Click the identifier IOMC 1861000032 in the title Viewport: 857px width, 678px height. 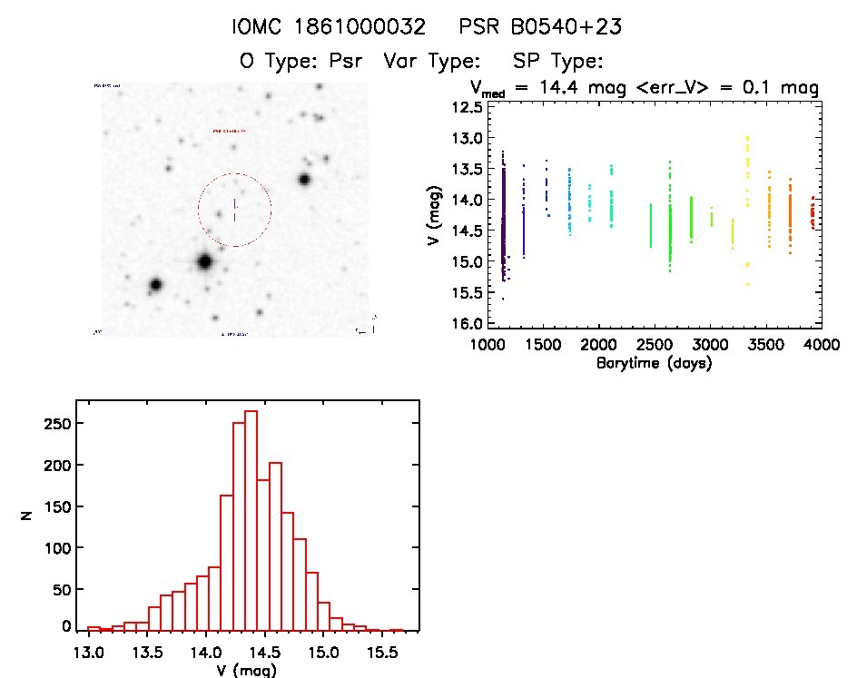(330, 28)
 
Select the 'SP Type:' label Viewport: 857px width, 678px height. (558, 62)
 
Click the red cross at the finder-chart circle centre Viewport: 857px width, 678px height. (234, 210)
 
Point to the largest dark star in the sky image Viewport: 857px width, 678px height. (204, 262)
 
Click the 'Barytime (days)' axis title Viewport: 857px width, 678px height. (654, 363)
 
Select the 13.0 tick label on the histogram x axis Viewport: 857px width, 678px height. (89, 652)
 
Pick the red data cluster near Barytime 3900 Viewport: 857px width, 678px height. (812, 214)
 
